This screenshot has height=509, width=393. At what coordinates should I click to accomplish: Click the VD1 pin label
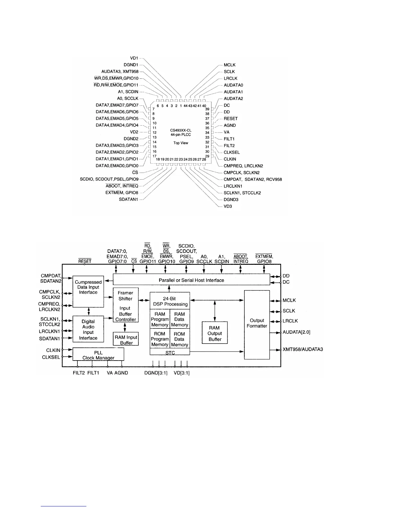(x=134, y=58)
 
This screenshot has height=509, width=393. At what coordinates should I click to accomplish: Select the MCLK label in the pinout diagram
(x=230, y=65)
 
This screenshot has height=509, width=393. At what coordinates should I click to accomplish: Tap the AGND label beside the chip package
(x=230, y=125)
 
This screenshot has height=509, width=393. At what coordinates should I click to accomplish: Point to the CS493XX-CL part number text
(x=181, y=130)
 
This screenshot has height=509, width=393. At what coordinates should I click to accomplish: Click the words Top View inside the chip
(x=181, y=143)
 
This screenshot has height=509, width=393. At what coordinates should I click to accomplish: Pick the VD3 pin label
(x=228, y=206)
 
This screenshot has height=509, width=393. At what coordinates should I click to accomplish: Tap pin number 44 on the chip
(x=186, y=106)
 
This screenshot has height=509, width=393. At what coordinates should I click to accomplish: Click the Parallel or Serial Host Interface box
(x=191, y=280)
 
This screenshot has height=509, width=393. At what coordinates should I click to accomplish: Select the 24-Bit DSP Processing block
(x=170, y=301)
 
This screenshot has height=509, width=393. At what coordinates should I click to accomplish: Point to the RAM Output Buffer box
(x=214, y=333)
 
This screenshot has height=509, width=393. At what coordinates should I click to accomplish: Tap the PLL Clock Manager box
(x=98, y=355)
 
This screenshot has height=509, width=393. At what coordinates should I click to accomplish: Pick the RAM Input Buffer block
(x=126, y=340)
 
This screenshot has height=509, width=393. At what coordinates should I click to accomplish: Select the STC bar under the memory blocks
(x=170, y=353)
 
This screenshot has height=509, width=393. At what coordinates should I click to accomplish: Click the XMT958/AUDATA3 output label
(x=302, y=349)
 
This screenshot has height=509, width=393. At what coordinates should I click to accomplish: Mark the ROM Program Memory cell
(x=160, y=339)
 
